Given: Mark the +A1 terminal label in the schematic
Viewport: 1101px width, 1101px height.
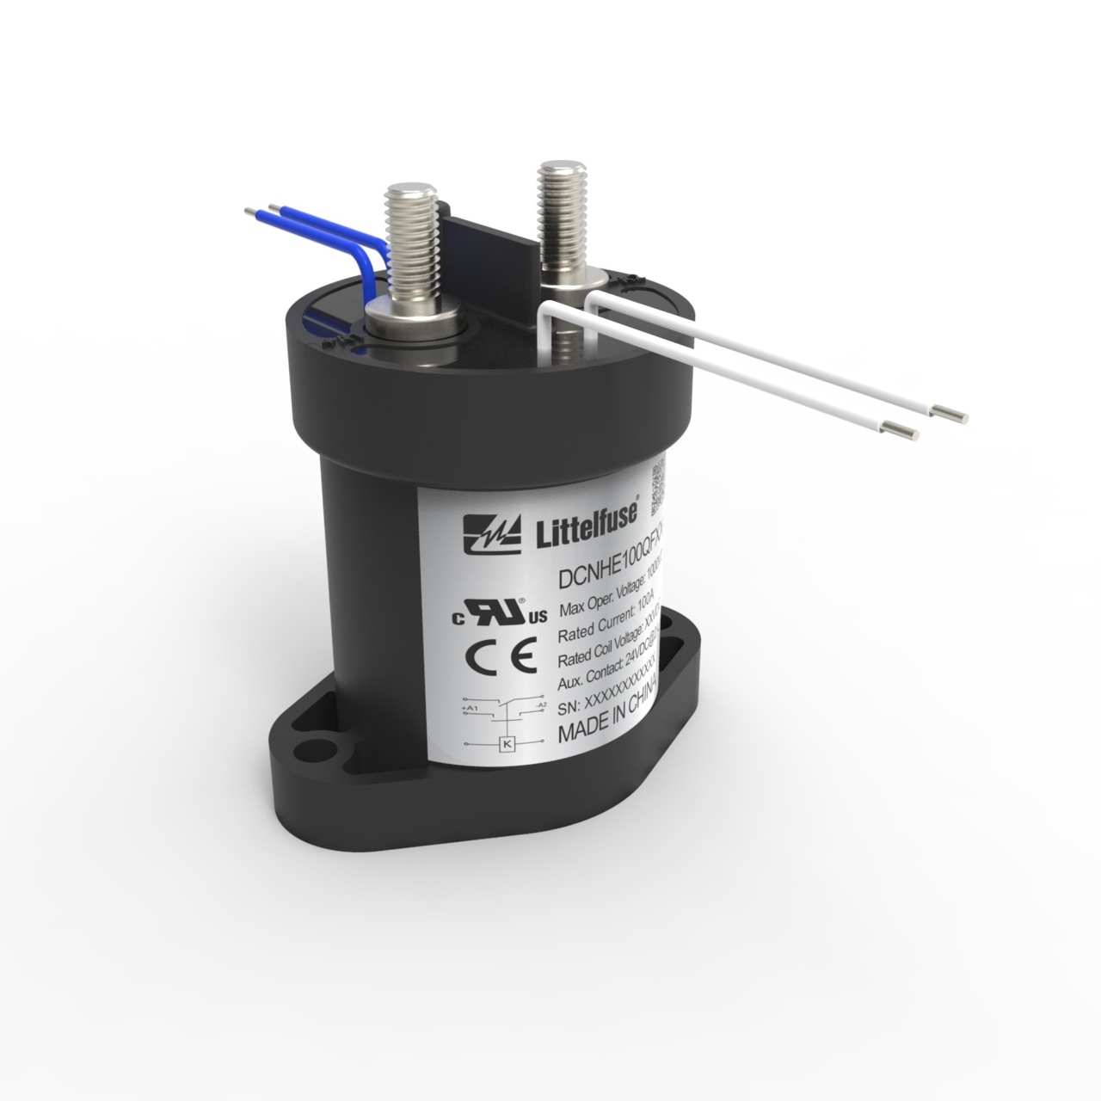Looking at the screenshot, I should pos(470,708).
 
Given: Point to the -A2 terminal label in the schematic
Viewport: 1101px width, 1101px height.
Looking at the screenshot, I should pos(540,704).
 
